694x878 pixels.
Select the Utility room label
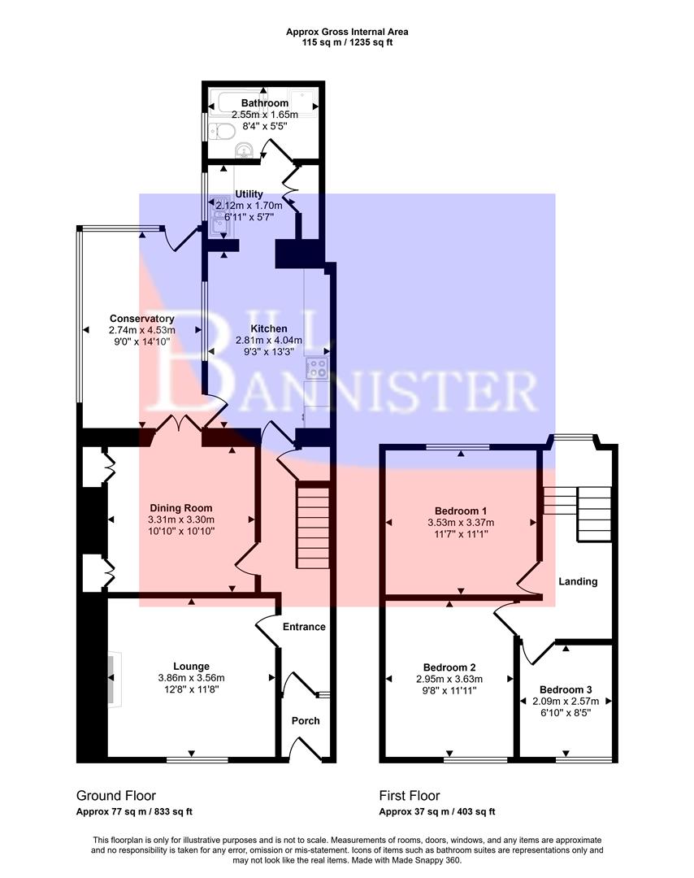[x=248, y=194]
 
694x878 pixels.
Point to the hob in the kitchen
[x=316, y=368]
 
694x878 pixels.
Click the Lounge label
[x=191, y=666]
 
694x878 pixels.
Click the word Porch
[x=306, y=720]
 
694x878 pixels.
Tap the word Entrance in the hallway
[x=304, y=627]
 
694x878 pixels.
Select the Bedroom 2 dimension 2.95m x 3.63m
[x=449, y=680]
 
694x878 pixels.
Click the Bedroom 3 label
[x=566, y=688]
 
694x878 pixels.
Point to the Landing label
[x=578, y=581]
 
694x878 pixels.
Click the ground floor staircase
[x=312, y=526]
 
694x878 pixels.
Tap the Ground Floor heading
[x=116, y=796]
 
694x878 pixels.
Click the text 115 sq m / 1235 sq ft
[x=347, y=42]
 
